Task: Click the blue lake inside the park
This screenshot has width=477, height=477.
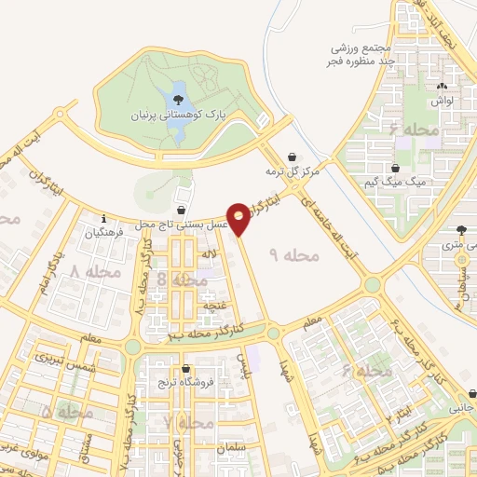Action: tap(177, 99)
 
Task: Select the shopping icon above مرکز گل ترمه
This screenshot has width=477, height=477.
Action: tap(294, 156)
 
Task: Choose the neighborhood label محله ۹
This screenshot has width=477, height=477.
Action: tap(294, 252)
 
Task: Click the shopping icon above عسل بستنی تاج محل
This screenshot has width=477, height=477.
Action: tap(180, 211)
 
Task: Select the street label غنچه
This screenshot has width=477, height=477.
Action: tap(214, 303)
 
